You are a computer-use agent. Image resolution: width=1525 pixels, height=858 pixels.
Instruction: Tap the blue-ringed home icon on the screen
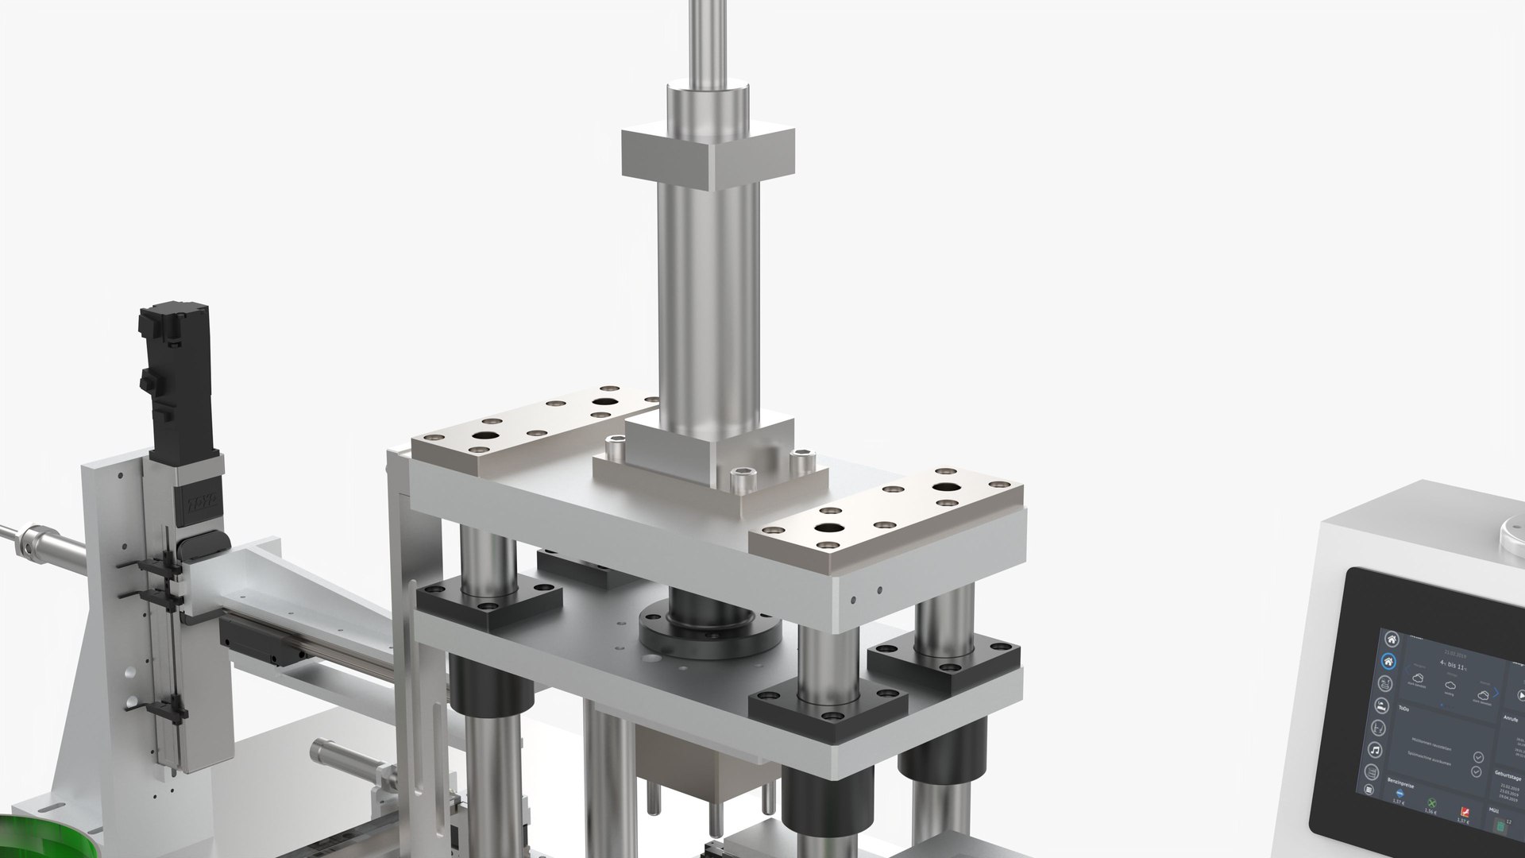(1388, 661)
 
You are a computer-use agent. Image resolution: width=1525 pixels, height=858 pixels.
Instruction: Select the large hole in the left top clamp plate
(483, 436)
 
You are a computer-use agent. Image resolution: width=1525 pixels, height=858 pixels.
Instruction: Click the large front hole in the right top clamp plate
(829, 528)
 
